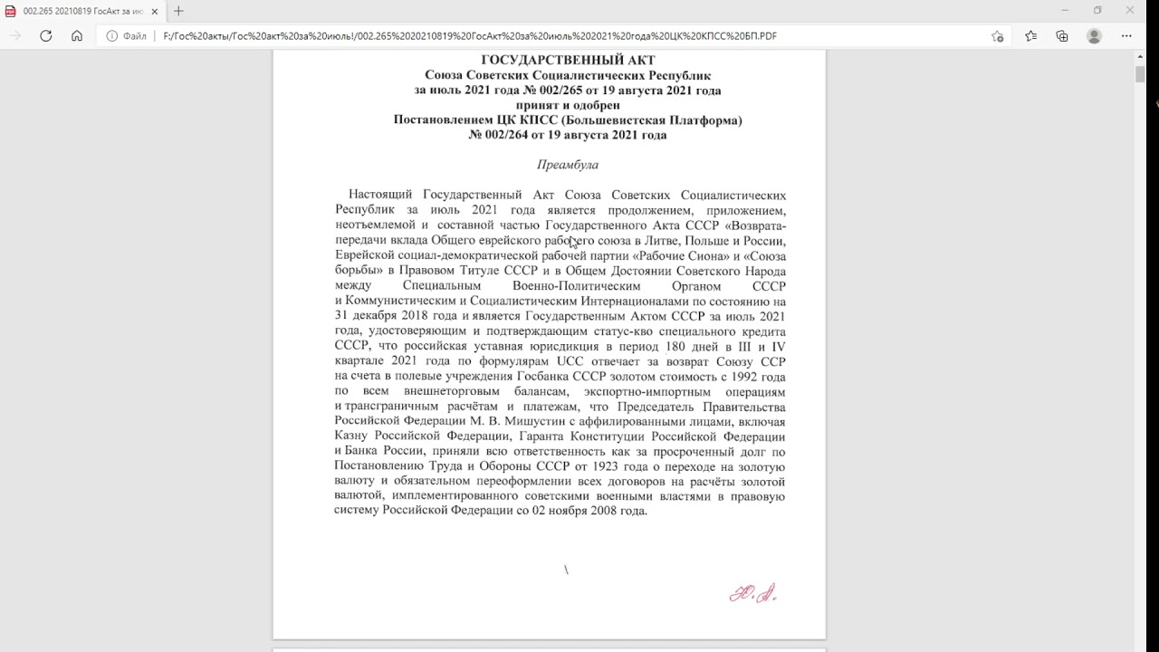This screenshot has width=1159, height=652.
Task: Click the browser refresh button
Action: [46, 36]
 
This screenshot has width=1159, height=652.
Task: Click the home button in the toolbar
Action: [77, 36]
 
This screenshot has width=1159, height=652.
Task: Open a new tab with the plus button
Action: [178, 11]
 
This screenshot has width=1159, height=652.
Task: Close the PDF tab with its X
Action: [156, 11]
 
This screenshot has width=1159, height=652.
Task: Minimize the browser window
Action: [1064, 11]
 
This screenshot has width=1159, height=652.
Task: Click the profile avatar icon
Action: [1094, 36]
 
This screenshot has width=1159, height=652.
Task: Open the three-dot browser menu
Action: [1126, 36]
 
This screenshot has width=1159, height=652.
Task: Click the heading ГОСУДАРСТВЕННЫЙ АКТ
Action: [568, 61]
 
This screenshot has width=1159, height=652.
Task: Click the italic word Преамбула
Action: [568, 165]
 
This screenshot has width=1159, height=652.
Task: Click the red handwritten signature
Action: [753, 594]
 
